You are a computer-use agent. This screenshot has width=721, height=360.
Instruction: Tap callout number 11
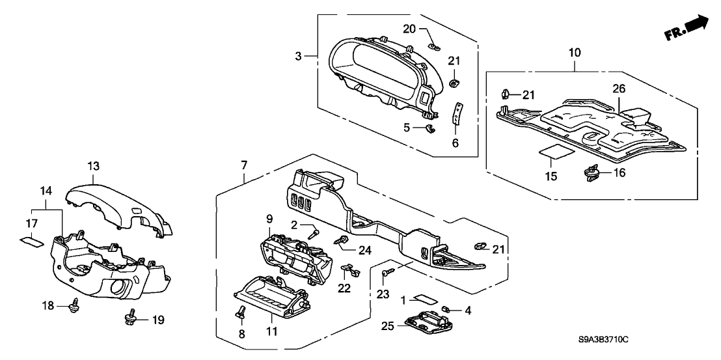pos(271,332)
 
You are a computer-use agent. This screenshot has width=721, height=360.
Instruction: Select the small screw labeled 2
pos(314,231)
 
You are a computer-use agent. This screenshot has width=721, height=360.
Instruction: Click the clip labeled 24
pos(339,242)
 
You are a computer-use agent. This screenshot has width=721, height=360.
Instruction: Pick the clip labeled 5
pos(429,128)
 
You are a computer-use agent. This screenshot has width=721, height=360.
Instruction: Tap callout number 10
pos(575,52)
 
